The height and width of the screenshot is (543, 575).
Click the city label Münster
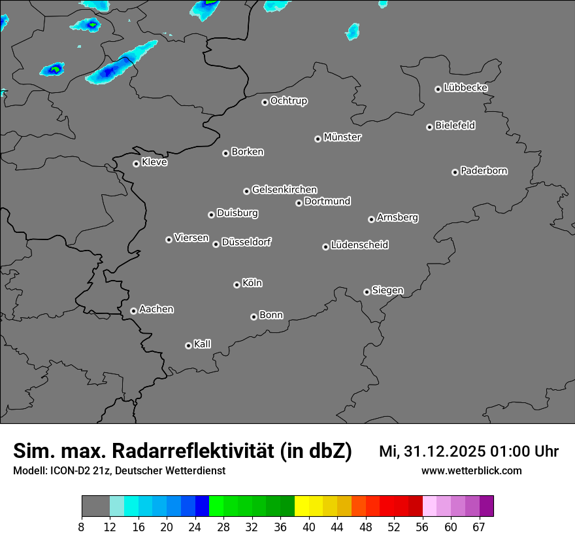coord(342,137)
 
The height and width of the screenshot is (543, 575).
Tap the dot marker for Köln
coord(237,285)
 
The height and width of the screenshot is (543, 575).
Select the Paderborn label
coord(484,171)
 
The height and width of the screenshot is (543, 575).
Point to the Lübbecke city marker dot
coord(438,89)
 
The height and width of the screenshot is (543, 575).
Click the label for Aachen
coord(156,309)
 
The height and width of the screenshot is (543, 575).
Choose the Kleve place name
coord(154,162)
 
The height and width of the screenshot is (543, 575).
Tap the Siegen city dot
coord(367,292)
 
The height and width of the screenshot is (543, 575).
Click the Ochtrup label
coord(289,101)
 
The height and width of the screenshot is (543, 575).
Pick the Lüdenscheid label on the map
coord(359,245)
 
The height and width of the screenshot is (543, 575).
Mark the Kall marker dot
coord(188,345)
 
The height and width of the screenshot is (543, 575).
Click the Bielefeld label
coord(455,126)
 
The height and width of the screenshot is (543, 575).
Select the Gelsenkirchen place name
coord(284,190)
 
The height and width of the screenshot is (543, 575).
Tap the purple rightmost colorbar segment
coord(486,506)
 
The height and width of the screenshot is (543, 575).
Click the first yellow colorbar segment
coord(301,506)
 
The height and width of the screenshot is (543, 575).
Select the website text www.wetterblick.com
coord(471,471)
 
